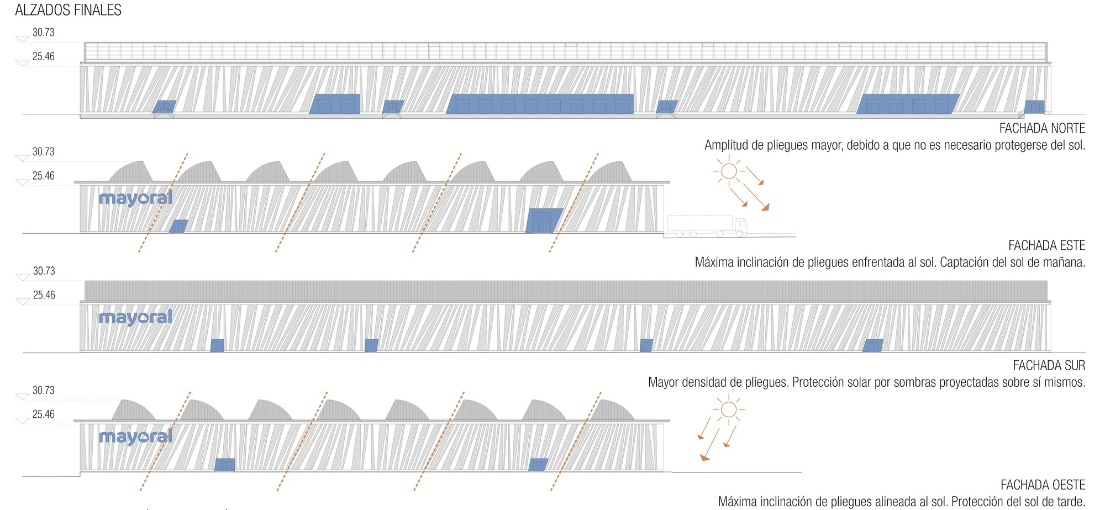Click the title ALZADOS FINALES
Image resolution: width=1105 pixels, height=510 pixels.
68,10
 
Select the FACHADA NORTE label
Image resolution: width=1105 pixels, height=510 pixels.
1042,128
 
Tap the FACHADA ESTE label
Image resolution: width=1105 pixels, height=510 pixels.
1046,245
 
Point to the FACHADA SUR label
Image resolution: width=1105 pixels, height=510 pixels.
1049,365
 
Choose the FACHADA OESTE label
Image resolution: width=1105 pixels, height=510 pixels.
1043,485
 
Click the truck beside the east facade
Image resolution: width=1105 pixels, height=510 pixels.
707,225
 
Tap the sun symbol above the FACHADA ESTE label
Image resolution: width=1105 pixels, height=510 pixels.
729,171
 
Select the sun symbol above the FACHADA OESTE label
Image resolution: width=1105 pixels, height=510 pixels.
729,409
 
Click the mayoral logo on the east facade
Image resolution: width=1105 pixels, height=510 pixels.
135,198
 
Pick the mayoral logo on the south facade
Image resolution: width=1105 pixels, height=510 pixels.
135,318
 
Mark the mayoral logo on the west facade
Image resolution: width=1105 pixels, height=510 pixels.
135,437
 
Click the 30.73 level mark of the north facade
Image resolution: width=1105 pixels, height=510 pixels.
43,33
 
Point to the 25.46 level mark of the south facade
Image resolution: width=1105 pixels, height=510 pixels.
44,295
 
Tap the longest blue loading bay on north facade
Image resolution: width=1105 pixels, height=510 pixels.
540,104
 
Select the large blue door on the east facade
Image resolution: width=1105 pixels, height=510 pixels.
544,220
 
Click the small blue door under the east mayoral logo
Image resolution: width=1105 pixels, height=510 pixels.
178,226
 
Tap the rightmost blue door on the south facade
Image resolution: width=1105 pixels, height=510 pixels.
873,345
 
